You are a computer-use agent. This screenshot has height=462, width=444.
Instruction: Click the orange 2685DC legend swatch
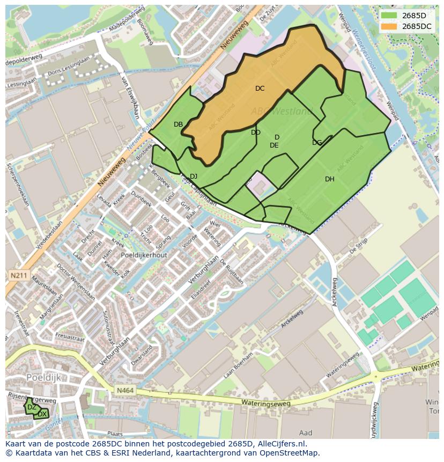pos(389,26)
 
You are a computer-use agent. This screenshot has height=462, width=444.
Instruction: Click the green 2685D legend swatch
pos(389,16)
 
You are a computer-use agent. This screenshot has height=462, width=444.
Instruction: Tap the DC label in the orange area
pos(260,89)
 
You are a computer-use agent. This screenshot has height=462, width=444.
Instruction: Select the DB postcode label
pos(178,124)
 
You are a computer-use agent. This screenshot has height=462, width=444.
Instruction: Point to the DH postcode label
pos(329,179)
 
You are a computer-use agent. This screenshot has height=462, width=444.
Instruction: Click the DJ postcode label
pos(194,177)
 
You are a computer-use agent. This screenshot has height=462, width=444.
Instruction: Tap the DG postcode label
pos(317,143)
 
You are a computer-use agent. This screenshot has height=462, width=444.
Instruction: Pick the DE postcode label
pos(274,145)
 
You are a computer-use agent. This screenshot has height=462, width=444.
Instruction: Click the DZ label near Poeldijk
pos(32,407)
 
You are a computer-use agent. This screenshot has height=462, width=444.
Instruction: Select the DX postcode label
pos(42,414)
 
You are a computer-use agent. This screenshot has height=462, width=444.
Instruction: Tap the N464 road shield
pos(124,392)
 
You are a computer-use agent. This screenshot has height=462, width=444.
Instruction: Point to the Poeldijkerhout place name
pos(144,255)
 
